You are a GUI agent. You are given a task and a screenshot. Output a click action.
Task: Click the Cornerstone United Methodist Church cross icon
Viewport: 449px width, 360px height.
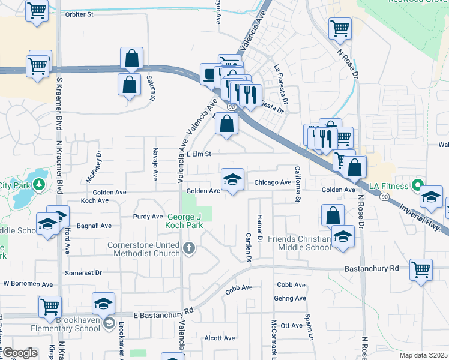(x=189, y=248)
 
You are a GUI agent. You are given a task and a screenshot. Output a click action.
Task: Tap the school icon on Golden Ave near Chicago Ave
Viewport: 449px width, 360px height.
(x=232, y=179)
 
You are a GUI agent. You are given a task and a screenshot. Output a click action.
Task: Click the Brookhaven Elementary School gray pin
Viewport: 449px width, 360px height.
(x=109, y=324)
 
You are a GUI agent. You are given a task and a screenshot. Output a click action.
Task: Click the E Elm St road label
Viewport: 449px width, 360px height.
(x=199, y=154)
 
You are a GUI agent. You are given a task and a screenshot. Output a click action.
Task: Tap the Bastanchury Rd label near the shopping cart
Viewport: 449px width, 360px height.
(x=372, y=268)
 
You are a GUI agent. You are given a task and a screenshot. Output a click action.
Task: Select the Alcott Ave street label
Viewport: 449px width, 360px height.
(x=220, y=338)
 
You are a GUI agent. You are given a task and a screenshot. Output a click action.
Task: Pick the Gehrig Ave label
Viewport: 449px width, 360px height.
(x=291, y=299)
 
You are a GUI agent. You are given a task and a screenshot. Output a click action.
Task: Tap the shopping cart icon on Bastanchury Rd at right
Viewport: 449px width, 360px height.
(x=421, y=269)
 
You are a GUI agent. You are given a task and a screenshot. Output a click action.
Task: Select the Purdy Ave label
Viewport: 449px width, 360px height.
(x=148, y=216)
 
